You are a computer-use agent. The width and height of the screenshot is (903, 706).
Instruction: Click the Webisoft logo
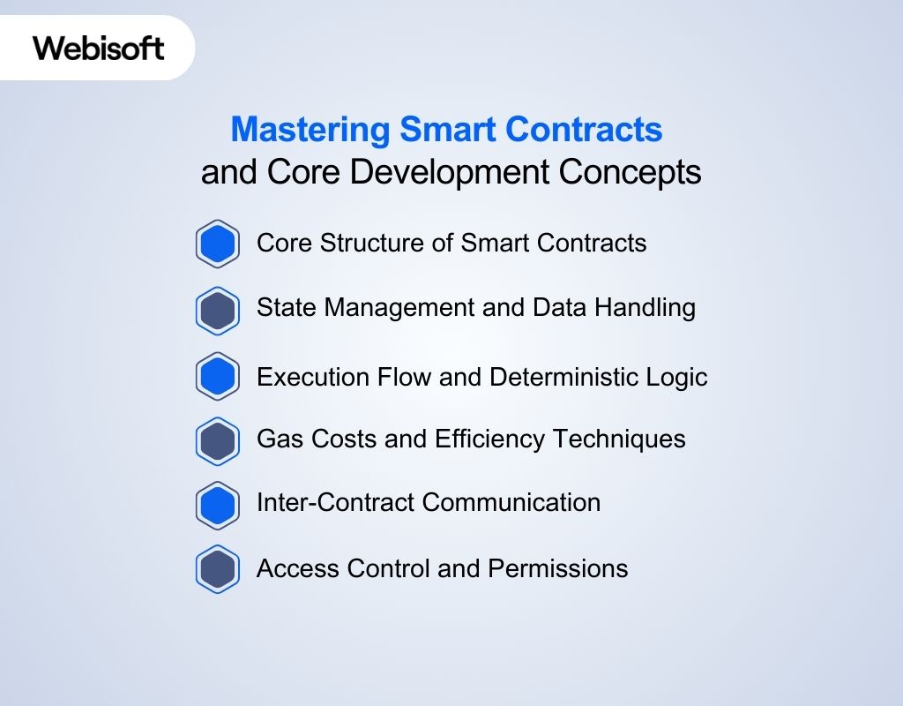point(99,47)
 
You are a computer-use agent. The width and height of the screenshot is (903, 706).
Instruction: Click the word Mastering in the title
point(310,131)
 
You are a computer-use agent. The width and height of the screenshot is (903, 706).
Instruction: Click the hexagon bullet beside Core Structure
point(217,244)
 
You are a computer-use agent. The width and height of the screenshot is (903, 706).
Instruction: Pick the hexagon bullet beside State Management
point(217,310)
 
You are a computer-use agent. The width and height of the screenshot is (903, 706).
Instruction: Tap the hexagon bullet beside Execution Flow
point(217,377)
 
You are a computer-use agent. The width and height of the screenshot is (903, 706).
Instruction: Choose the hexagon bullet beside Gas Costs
point(217,440)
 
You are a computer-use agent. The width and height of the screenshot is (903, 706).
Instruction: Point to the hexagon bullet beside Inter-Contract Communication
point(217,505)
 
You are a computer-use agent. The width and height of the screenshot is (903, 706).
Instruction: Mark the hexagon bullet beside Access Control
point(217,569)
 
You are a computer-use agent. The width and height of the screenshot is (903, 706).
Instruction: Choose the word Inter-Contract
point(336,503)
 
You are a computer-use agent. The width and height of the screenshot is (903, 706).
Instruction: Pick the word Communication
point(513,503)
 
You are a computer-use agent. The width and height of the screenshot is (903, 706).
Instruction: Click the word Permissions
point(557,568)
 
